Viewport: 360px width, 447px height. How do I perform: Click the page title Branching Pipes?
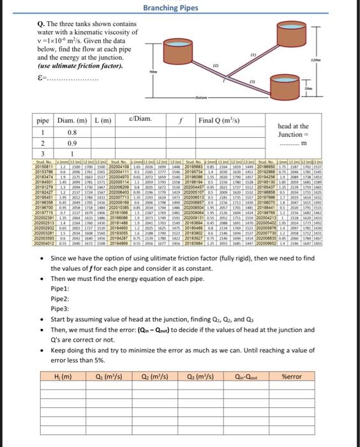[x=179, y=8]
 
